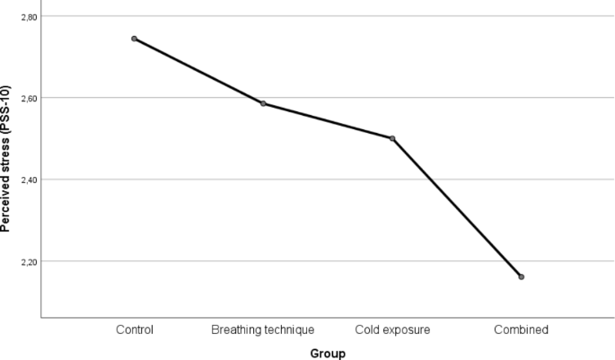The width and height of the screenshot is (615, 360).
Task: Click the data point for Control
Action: pyautogui.click(x=134, y=39)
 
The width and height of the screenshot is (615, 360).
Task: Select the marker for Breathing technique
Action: pyautogui.click(x=263, y=103)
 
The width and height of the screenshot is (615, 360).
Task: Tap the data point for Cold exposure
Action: pyautogui.click(x=392, y=138)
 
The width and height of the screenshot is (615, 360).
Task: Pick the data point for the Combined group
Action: pyautogui.click(x=521, y=277)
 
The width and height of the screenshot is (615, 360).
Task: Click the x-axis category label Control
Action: pyautogui.click(x=135, y=329)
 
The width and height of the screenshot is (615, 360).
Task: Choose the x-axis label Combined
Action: pyautogui.click(x=521, y=329)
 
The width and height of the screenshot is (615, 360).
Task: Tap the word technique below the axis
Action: pyautogui.click(x=289, y=329)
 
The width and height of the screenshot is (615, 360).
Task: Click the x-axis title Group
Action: pyautogui.click(x=328, y=353)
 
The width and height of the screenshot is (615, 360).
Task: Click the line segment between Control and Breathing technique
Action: pyautogui.click(x=198, y=71)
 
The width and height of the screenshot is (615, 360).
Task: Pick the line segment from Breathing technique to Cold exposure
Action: pyautogui.click(x=328, y=121)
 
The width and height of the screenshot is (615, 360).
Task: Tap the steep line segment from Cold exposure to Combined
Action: pyautogui.click(x=456, y=207)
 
